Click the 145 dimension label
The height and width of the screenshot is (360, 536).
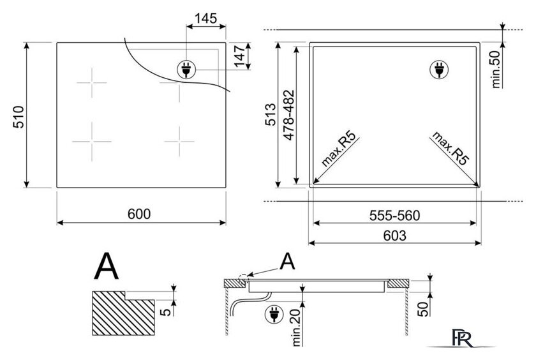tap(205, 18)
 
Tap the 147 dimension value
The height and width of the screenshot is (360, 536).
tap(240, 56)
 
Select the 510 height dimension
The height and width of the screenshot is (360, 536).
tap(19, 117)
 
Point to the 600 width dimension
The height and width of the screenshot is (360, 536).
tap(139, 214)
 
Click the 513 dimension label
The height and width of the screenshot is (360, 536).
tap(271, 114)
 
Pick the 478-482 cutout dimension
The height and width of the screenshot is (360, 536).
tap(289, 115)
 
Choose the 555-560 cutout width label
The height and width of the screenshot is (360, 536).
tap(395, 215)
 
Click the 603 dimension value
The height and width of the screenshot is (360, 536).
tap(395, 236)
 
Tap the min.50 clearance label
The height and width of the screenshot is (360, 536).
tap(496, 70)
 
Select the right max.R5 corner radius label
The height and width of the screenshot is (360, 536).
tap(450, 148)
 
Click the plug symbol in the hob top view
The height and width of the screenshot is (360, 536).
tap(186, 70)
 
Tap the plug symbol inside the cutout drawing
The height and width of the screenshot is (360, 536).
tap(439, 70)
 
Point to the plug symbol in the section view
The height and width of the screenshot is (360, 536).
tap(274, 315)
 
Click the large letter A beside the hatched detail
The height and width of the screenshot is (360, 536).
tap(107, 266)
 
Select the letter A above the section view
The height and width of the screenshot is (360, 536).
tap(287, 262)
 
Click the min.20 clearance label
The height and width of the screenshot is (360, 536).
tap(296, 327)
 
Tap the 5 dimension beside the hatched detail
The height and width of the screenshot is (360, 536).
tap(166, 311)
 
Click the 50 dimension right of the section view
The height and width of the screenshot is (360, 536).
tap(423, 309)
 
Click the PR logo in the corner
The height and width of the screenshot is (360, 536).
tap(463, 338)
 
